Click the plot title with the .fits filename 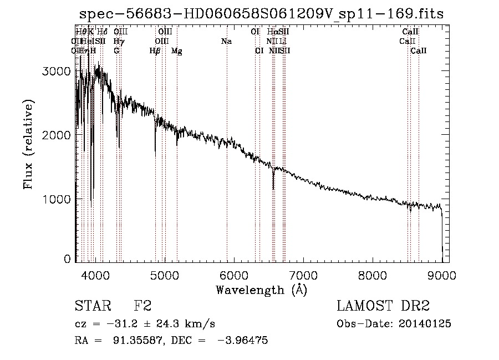click(262, 13)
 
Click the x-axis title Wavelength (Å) click(261, 290)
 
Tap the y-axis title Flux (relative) click(28, 145)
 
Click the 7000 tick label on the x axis click(303, 275)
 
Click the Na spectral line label click(226, 42)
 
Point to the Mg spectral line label click(176, 51)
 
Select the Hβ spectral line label click(155, 51)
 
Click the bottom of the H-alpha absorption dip click(273, 189)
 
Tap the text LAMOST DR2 click(383, 307)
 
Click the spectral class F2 click(143, 307)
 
